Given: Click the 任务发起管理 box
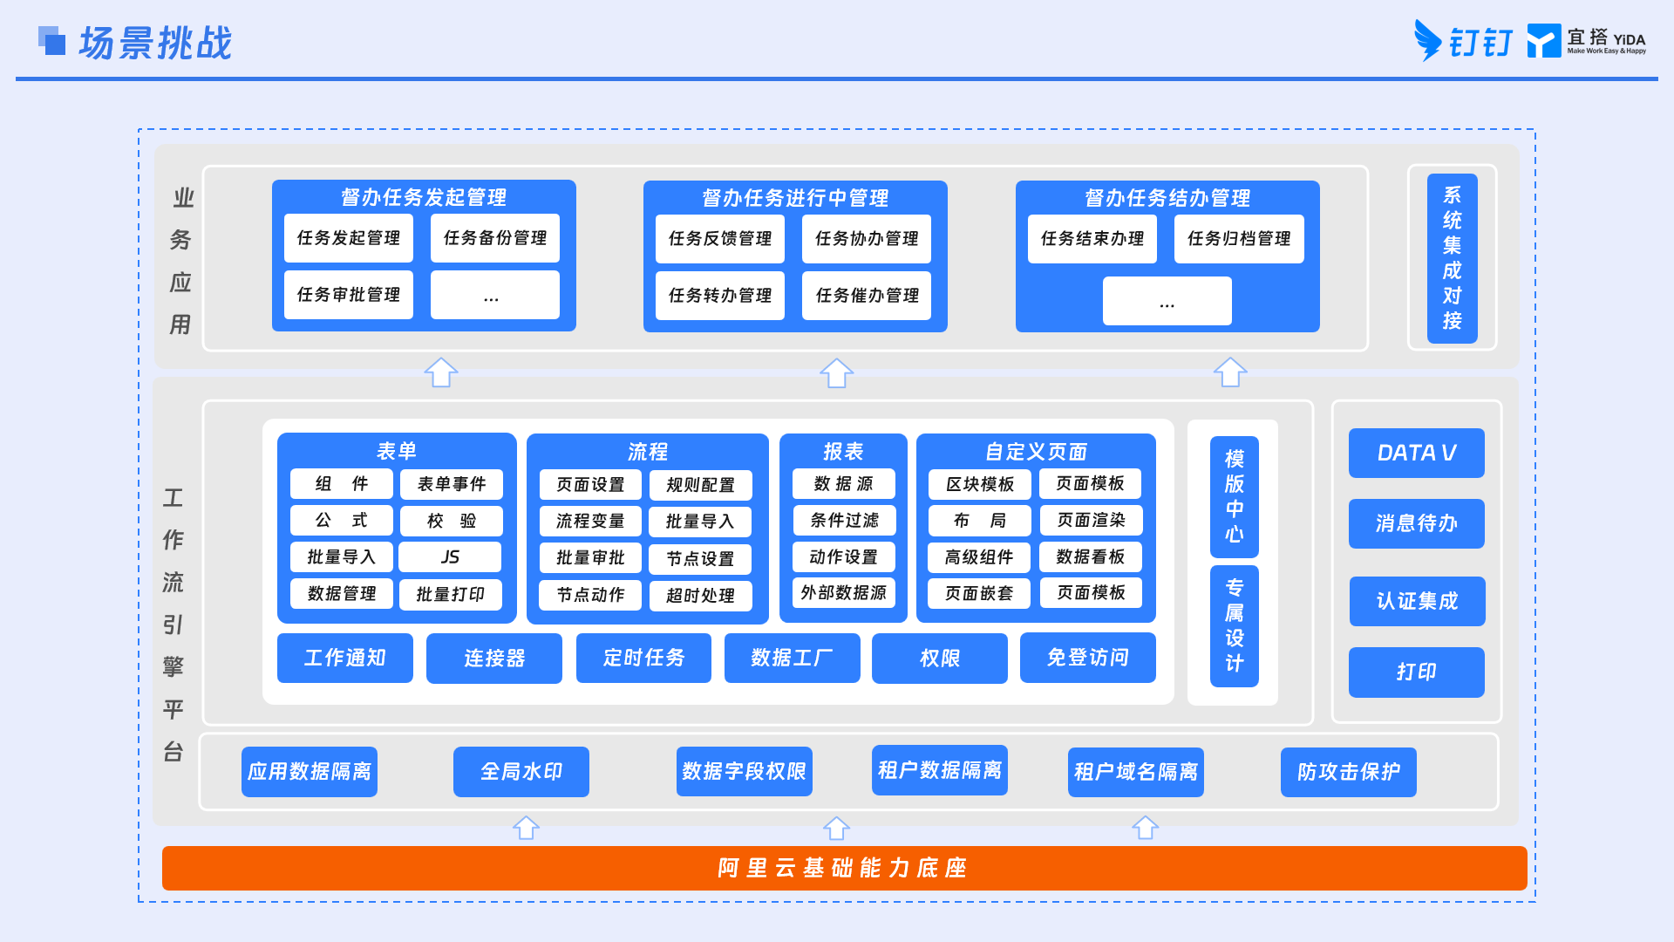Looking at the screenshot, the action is [349, 238].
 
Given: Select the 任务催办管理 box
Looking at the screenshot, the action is [867, 296].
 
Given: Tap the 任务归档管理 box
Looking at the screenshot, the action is [1239, 239].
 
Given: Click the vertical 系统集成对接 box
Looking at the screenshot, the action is [1452, 258].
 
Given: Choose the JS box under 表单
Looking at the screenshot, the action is [450, 557].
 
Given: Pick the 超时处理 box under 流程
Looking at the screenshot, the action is [700, 596].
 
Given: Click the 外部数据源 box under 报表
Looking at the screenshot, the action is [843, 593].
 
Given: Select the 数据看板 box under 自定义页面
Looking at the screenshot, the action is [1091, 556].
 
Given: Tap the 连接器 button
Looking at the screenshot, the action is [494, 658].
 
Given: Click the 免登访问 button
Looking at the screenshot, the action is [1088, 658].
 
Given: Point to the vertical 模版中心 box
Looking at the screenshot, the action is [1234, 496].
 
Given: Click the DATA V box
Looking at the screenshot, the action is [1417, 453].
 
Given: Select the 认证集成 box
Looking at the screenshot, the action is [1418, 601].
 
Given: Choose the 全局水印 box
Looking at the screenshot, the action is [521, 772].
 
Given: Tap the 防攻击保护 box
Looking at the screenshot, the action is [1349, 772].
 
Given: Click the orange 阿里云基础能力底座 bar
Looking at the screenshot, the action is [844, 868].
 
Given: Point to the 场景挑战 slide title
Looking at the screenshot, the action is [155, 43].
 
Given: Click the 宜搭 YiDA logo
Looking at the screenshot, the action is [1587, 41].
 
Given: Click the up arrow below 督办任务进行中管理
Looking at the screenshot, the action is [837, 373].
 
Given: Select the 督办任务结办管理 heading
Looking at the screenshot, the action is [1167, 198].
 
